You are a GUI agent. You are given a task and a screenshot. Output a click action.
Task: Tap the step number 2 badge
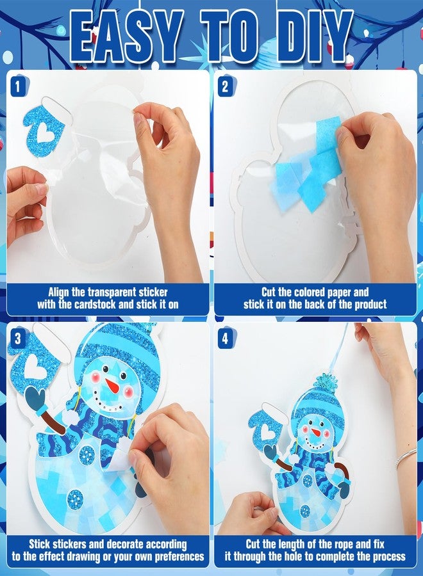(224, 84)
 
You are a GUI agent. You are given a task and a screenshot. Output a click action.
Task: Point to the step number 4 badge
(224, 337)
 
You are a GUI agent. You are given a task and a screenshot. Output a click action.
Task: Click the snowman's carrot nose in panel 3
(112, 386)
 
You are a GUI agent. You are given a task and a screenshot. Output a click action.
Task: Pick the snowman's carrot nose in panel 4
(315, 432)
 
